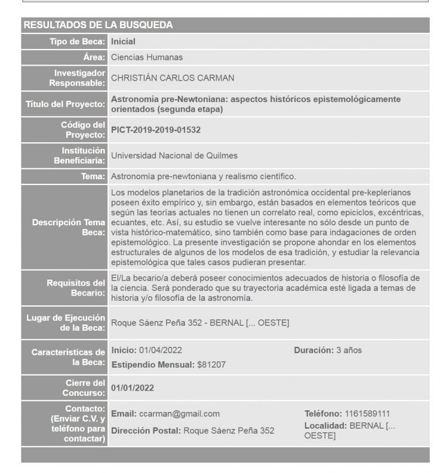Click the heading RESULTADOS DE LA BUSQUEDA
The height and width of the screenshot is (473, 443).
coord(97,25)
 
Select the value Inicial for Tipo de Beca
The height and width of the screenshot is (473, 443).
coord(123,41)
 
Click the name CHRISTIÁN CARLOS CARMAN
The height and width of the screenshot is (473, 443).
coord(172,78)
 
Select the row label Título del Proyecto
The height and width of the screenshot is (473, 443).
coord(65,104)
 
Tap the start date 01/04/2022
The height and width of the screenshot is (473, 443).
coord(160,350)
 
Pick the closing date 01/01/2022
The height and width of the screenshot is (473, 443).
coord(132,388)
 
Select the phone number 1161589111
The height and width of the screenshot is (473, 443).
coord(367,414)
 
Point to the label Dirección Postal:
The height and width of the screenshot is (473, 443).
coord(146,430)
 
